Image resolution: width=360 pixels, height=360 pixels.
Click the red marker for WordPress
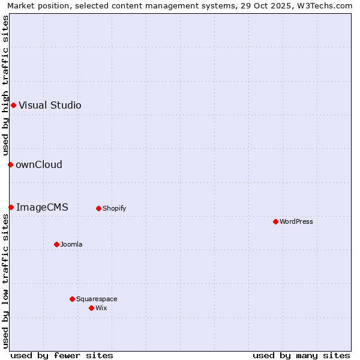coord(275,221)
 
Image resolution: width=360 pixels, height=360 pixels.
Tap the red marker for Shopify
coord(98,208)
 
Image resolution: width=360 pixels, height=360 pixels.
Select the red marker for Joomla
coord(56,244)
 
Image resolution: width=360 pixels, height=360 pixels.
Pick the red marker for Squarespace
coord(72,299)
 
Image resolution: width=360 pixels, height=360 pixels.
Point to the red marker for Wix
coord(91,308)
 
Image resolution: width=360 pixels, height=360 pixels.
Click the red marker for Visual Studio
coord(13,105)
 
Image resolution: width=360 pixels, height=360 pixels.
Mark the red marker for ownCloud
coord(10,164)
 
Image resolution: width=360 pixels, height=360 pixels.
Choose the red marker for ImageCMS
coord(11,207)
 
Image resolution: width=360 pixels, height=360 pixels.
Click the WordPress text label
coord(296,221)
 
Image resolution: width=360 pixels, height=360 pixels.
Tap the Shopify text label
coord(115,208)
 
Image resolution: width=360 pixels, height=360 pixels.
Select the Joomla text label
coord(71,244)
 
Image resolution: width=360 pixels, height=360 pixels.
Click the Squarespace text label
coord(97,299)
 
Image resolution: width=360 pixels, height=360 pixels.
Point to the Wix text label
coord(101,308)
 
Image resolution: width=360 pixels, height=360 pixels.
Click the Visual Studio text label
coord(50,105)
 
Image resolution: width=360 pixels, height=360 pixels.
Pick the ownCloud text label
coord(39,164)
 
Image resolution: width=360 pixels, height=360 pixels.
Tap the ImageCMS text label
coord(42,207)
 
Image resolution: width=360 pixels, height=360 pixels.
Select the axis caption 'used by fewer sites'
coord(62,355)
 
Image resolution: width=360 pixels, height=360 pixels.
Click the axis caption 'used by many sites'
coord(301,355)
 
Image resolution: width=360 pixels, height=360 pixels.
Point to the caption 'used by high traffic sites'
coord(5,86)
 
